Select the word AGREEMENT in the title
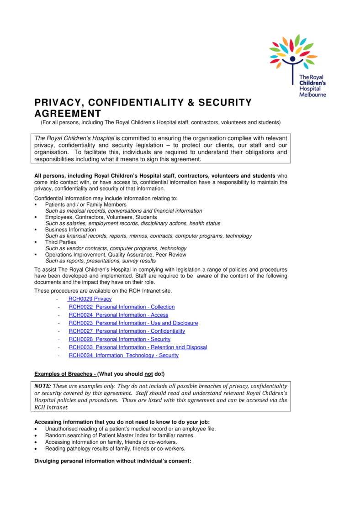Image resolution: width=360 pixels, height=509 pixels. click(x=68, y=114)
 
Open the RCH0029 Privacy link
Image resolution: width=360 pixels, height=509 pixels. click(x=90, y=299)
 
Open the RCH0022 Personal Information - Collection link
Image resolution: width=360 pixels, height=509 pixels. click(x=122, y=307)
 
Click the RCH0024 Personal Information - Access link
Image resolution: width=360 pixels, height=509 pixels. click(x=118, y=315)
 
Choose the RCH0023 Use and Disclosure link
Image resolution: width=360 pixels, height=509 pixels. click(x=133, y=323)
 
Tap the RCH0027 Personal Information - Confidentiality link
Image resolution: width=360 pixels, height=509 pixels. click(x=127, y=331)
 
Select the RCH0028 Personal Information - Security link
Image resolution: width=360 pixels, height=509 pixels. click(x=119, y=339)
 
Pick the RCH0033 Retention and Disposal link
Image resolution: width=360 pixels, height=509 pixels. click(x=138, y=347)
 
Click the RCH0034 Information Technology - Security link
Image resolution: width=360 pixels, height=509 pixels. click(x=123, y=356)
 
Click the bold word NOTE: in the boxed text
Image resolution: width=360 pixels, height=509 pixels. click(x=43, y=386)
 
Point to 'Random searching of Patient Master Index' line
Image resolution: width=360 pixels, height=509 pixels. click(x=120, y=436)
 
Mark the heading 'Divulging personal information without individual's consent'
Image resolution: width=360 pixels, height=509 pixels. click(x=112, y=461)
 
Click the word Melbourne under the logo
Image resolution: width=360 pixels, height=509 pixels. click(x=312, y=95)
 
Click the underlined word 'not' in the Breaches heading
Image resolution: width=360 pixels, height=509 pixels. click(x=148, y=374)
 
